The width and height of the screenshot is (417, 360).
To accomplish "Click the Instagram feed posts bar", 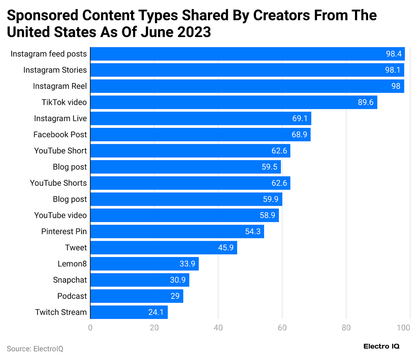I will coord(247,54).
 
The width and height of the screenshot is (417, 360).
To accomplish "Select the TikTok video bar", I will coord(233,102).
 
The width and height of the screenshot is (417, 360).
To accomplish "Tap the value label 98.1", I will coord(393,70).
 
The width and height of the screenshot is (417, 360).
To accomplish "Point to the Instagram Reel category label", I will coord(60,86).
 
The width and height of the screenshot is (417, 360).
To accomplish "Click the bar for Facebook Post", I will coord(200,134).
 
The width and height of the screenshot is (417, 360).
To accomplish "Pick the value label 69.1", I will coord(300,119).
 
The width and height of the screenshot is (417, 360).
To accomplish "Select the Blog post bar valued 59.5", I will coord(185,167).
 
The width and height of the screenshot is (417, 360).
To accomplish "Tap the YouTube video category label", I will coord(60,215).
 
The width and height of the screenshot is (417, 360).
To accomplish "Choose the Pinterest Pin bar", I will coord(177,231).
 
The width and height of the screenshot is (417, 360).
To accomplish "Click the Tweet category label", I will coord(76,248).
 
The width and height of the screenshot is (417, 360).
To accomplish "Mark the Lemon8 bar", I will coord(144,264).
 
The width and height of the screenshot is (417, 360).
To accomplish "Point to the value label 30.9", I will coord(178,280).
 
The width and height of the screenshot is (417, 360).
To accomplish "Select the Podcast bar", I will coord(137,296).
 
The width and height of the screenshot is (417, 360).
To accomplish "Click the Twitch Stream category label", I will coord(61,312).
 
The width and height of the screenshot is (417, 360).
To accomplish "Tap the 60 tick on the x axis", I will coord(282,328).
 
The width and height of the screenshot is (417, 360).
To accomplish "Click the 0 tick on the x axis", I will coord(90,328).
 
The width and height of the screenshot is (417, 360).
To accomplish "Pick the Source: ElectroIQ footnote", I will coord(35,349).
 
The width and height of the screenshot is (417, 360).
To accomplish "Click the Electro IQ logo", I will coord(381,346).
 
